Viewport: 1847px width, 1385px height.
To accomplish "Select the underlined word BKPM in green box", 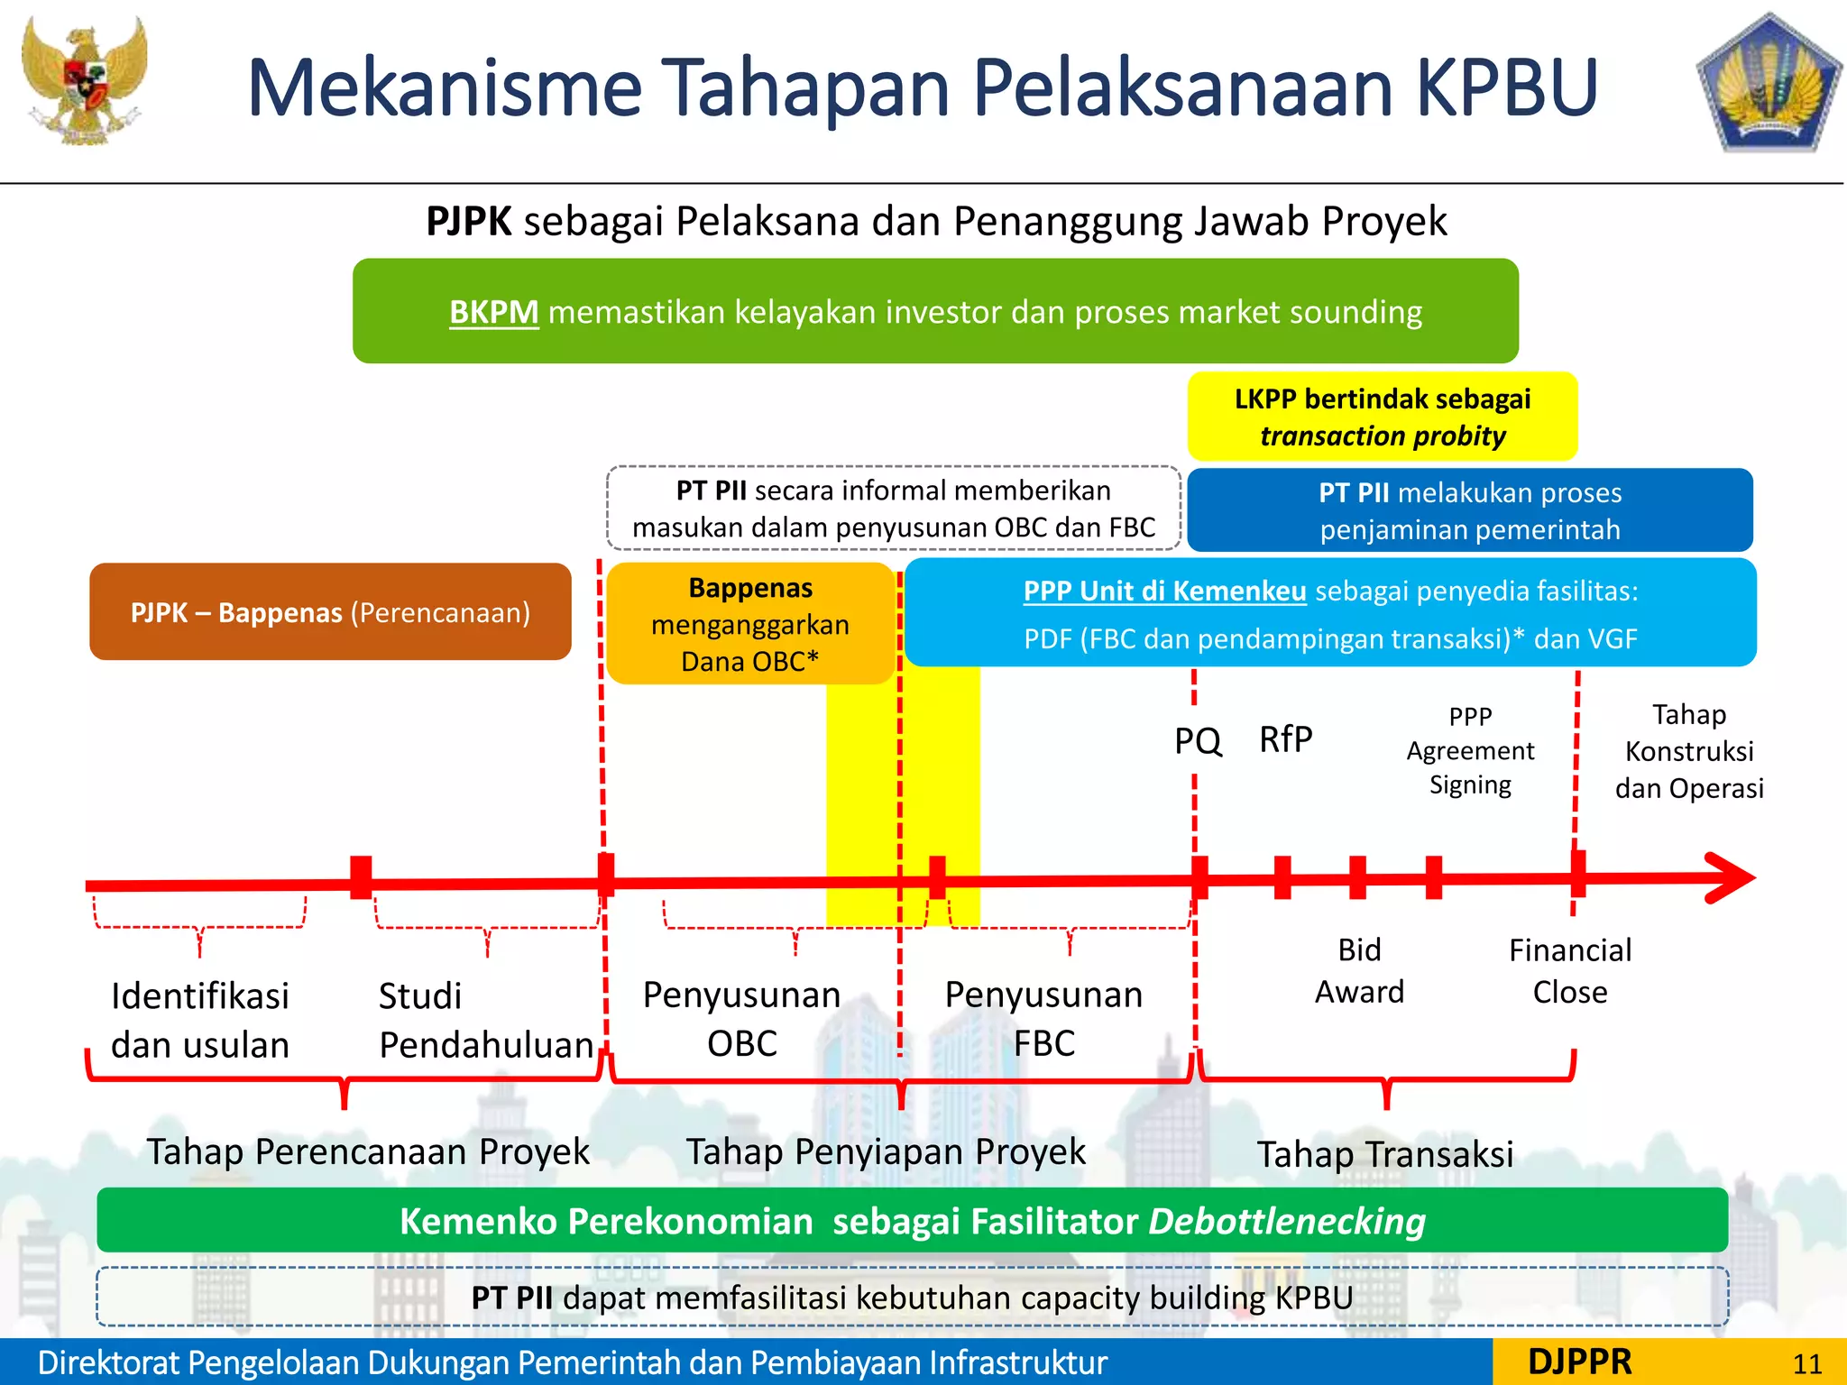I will pyautogui.click(x=493, y=312).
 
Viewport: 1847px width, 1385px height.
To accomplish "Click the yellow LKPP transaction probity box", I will pyautogui.click(x=1382, y=417).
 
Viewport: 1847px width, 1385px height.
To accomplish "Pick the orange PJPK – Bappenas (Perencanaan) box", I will pyautogui.click(x=330, y=612).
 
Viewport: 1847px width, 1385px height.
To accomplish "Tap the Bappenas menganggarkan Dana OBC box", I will pyautogui.click(x=749, y=624).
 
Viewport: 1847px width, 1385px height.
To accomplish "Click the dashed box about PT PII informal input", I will pyautogui.click(x=893, y=509).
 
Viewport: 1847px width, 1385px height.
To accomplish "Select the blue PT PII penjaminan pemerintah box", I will pyautogui.click(x=1469, y=510).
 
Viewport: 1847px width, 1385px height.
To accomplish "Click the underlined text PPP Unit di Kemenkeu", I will pyautogui.click(x=1164, y=592).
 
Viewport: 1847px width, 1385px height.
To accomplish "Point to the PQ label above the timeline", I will pyautogui.click(x=1197, y=741).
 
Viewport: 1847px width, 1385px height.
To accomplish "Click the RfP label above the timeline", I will pyautogui.click(x=1285, y=739).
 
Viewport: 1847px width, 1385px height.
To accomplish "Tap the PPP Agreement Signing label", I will pyautogui.click(x=1470, y=750).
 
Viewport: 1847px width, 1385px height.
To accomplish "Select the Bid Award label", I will pyautogui.click(x=1359, y=971).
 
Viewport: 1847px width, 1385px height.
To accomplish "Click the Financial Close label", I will pyautogui.click(x=1569, y=971).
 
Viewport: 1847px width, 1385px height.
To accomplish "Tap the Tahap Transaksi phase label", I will pyautogui.click(x=1384, y=1155).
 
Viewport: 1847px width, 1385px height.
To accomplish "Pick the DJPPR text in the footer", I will pyautogui.click(x=1579, y=1362).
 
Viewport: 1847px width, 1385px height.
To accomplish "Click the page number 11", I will pyautogui.click(x=1806, y=1364).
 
